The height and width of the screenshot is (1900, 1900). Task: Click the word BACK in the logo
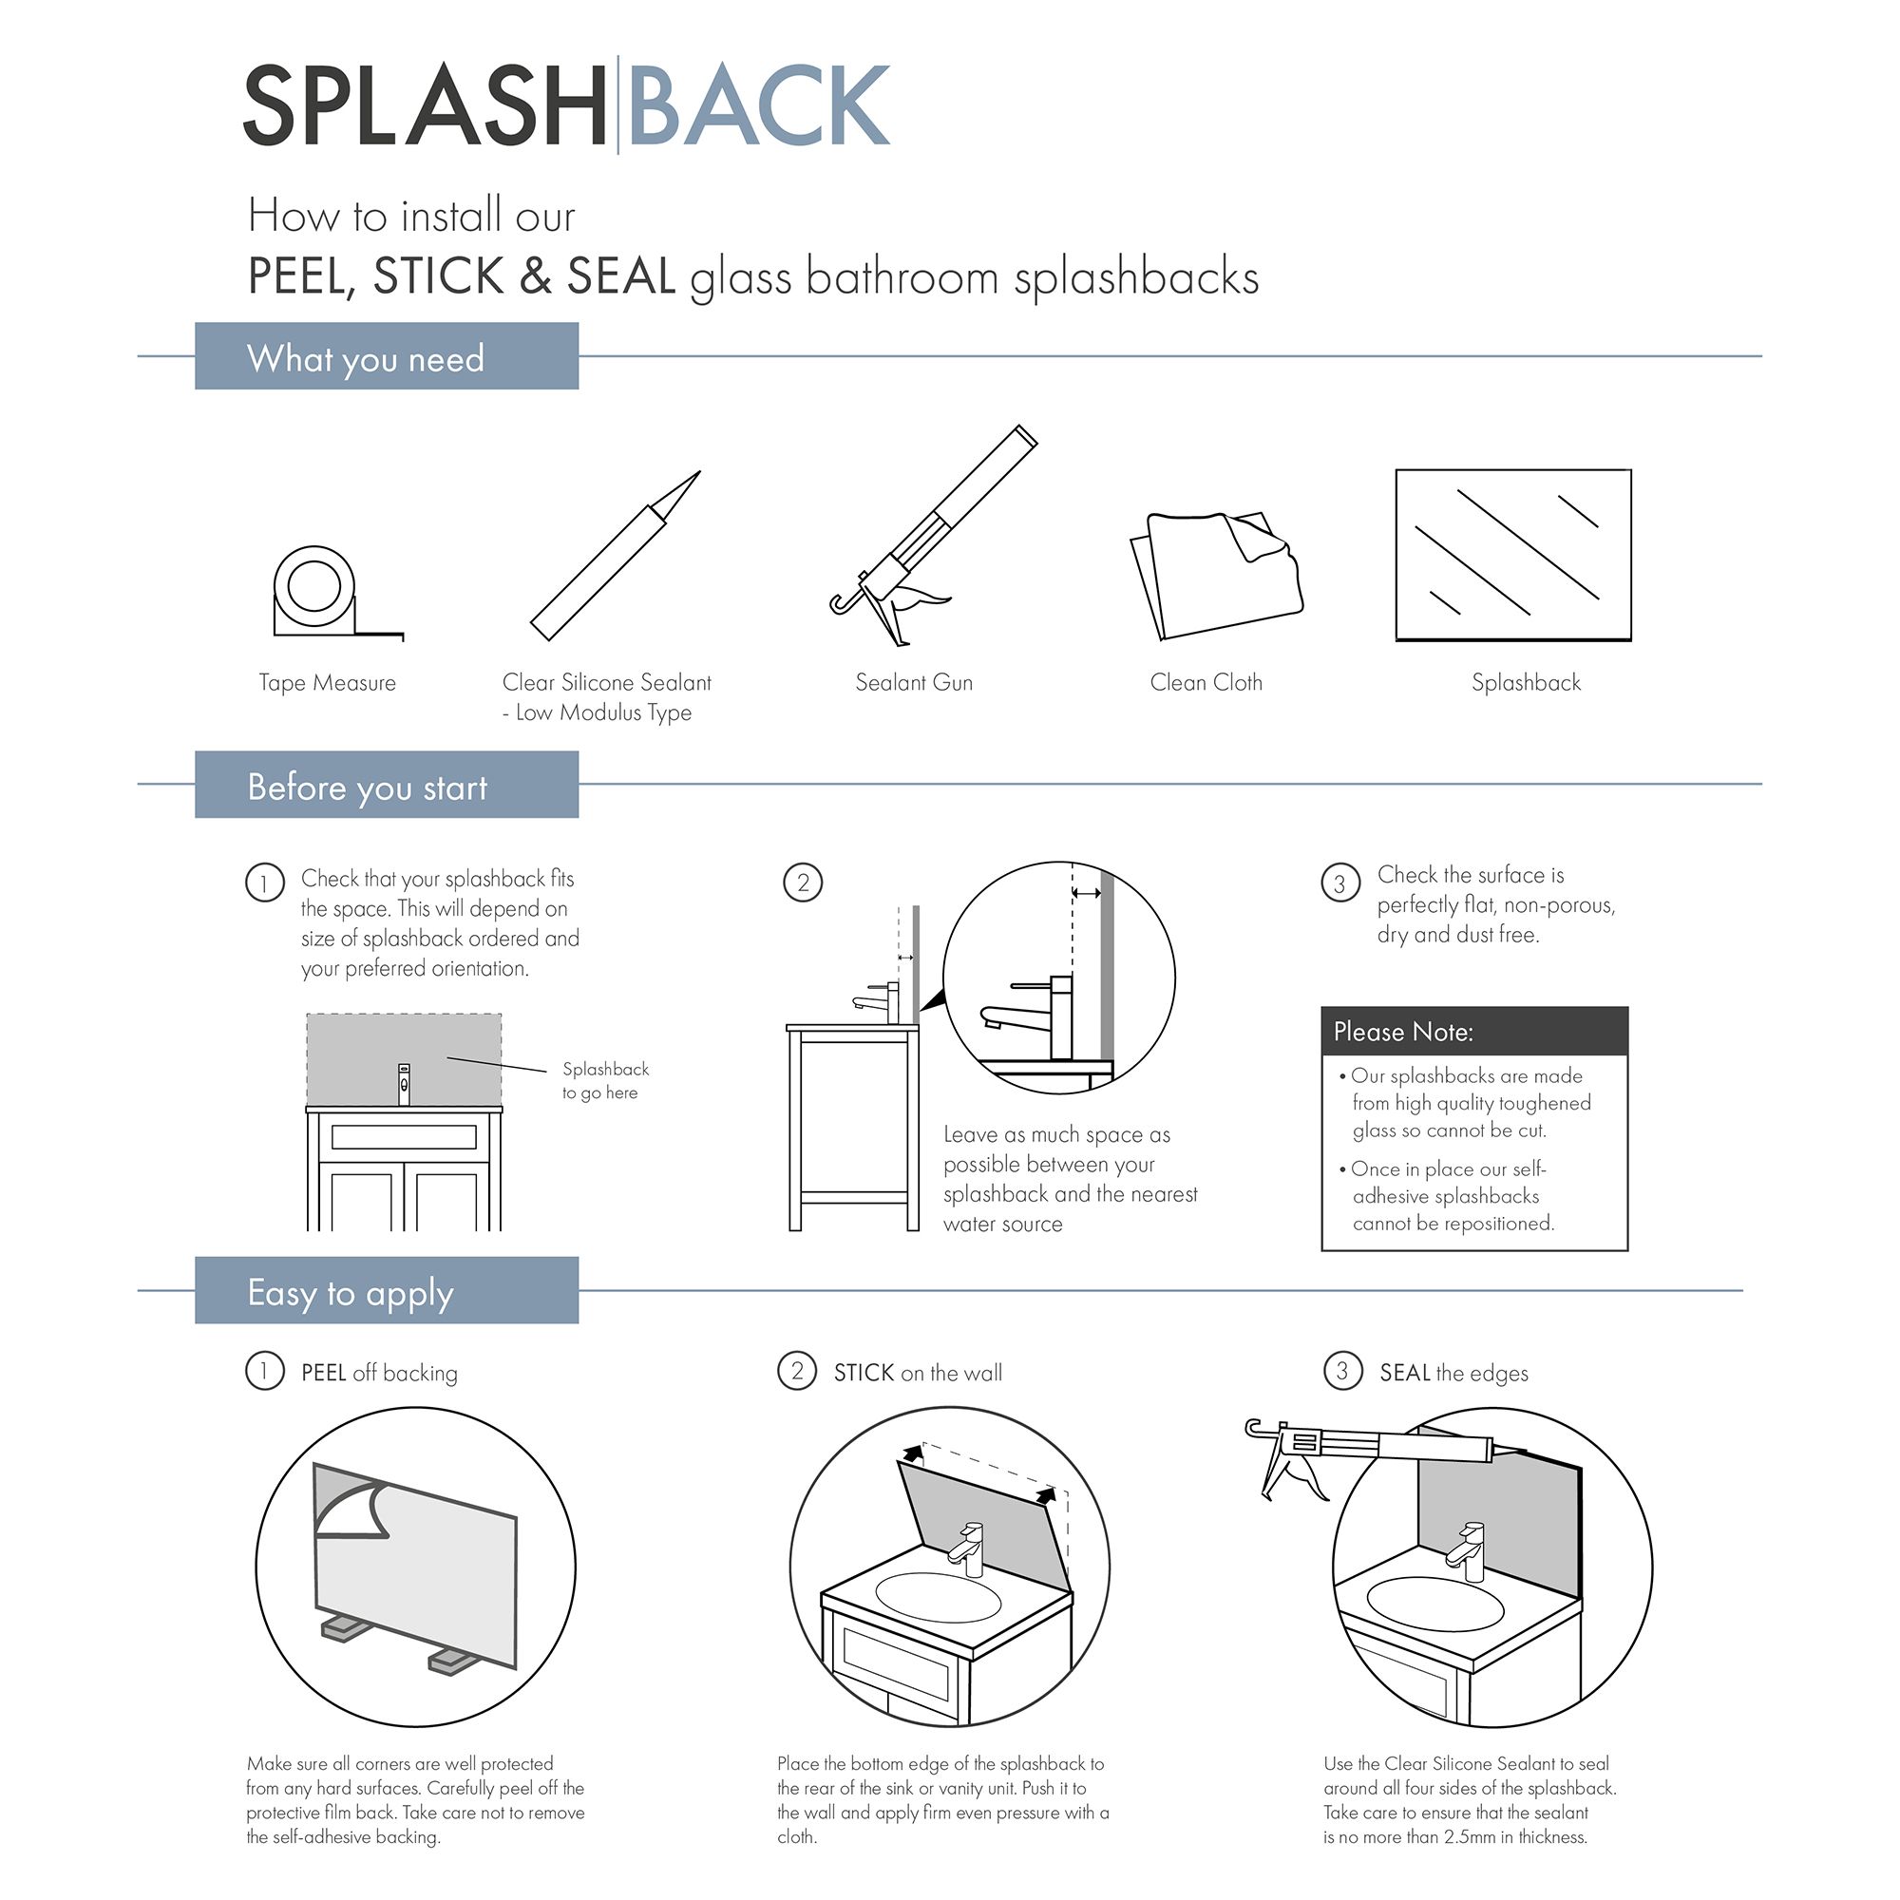pos(757,106)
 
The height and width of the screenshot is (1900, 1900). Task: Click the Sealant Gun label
pos(914,682)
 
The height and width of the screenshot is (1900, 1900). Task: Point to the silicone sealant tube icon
pos(614,557)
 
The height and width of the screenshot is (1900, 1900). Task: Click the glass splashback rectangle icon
pos(1512,556)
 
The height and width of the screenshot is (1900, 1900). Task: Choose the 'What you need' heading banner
pos(387,357)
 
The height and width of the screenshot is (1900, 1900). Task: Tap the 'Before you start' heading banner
pos(387,786)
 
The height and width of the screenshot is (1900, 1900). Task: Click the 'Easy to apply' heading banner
pos(387,1291)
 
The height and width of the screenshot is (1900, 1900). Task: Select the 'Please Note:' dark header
pos(1473,1032)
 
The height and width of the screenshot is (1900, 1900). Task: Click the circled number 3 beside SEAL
pos(1341,1371)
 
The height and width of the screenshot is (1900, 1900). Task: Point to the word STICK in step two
pos(864,1373)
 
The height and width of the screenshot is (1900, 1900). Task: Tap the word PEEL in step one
pos(324,1373)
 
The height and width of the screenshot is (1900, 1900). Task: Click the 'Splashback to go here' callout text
pos(604,1080)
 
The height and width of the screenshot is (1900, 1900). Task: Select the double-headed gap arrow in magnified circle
pos(1086,893)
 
